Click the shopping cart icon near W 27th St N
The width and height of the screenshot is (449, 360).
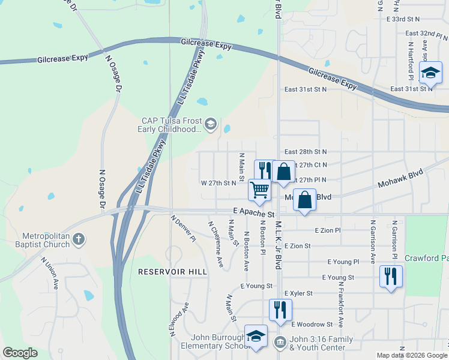(x=259, y=190)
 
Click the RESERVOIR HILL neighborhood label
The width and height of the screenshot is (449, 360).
(x=172, y=272)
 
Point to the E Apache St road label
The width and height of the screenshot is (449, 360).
(x=253, y=213)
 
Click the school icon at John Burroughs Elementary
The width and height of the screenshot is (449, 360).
(x=256, y=336)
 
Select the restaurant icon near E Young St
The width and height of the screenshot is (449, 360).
(x=391, y=277)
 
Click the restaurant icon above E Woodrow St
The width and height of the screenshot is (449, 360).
(x=280, y=310)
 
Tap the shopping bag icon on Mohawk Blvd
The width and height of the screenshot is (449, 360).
(x=305, y=200)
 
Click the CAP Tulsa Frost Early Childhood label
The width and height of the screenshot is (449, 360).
(x=171, y=125)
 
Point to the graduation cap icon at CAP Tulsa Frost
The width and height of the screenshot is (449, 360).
(x=210, y=124)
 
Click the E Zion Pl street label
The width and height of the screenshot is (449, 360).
(x=327, y=230)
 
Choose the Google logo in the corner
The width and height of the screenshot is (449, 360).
(x=20, y=353)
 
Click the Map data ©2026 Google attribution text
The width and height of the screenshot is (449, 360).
(x=412, y=355)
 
